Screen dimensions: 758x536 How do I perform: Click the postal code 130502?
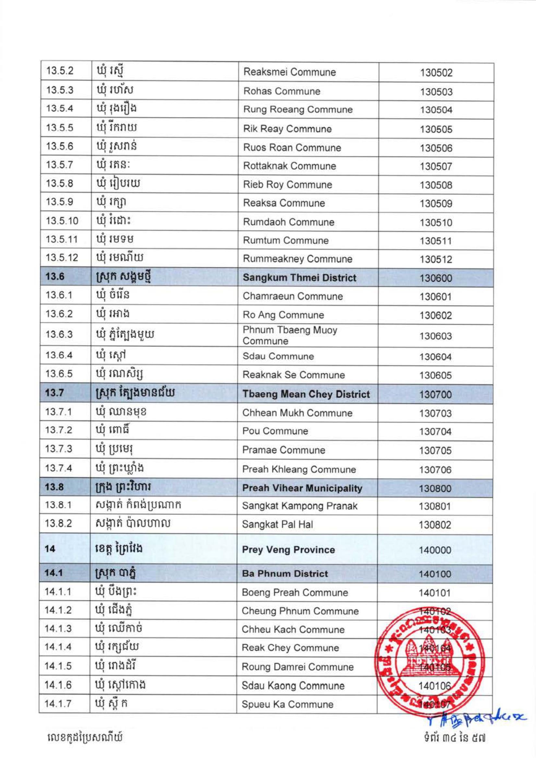click(436, 73)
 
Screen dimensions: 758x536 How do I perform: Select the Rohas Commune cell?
click(281, 91)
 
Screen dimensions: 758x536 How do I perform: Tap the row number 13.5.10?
click(62, 221)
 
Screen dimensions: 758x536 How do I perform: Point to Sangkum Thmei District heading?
click(299, 278)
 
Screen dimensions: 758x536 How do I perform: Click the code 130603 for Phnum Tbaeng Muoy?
click(435, 336)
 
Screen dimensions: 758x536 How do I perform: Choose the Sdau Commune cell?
click(278, 356)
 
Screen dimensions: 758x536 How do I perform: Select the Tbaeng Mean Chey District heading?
click(306, 394)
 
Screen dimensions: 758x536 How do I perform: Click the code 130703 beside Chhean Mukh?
click(435, 413)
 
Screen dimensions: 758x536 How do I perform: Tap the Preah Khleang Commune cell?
click(299, 469)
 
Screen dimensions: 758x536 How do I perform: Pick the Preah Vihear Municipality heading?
click(302, 488)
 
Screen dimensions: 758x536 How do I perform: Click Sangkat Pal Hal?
click(277, 524)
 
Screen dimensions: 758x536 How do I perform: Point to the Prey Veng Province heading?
click(288, 550)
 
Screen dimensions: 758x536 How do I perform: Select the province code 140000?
click(435, 550)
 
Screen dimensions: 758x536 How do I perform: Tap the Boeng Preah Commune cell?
click(295, 593)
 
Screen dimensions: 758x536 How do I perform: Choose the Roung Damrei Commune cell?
click(297, 667)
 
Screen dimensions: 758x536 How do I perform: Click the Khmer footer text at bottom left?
click(85, 737)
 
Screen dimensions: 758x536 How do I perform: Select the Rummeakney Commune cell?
click(297, 259)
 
